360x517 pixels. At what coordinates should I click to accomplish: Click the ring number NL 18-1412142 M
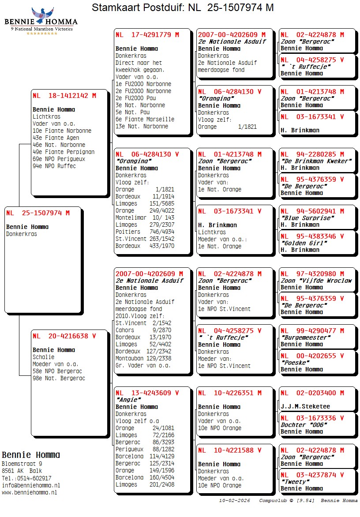coord(64,95)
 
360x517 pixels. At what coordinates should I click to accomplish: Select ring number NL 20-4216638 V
coord(64,336)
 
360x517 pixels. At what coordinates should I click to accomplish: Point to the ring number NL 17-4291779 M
coord(147,34)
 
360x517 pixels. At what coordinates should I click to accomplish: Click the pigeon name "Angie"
coord(127,400)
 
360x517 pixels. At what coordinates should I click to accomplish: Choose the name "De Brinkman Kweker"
coord(316,161)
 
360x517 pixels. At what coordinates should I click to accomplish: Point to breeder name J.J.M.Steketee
coord(305,406)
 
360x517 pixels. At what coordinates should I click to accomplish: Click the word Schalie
coord(43,357)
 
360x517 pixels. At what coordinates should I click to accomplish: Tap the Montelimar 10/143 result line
coord(145,217)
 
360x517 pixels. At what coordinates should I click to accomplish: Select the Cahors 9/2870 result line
coord(143,330)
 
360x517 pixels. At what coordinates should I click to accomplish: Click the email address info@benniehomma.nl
coord(31,485)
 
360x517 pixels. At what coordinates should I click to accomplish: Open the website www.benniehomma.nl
coord(29,492)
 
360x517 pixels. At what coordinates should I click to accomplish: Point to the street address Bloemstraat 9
coord(22,464)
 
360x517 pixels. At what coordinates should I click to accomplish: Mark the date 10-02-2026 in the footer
coord(234,501)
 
